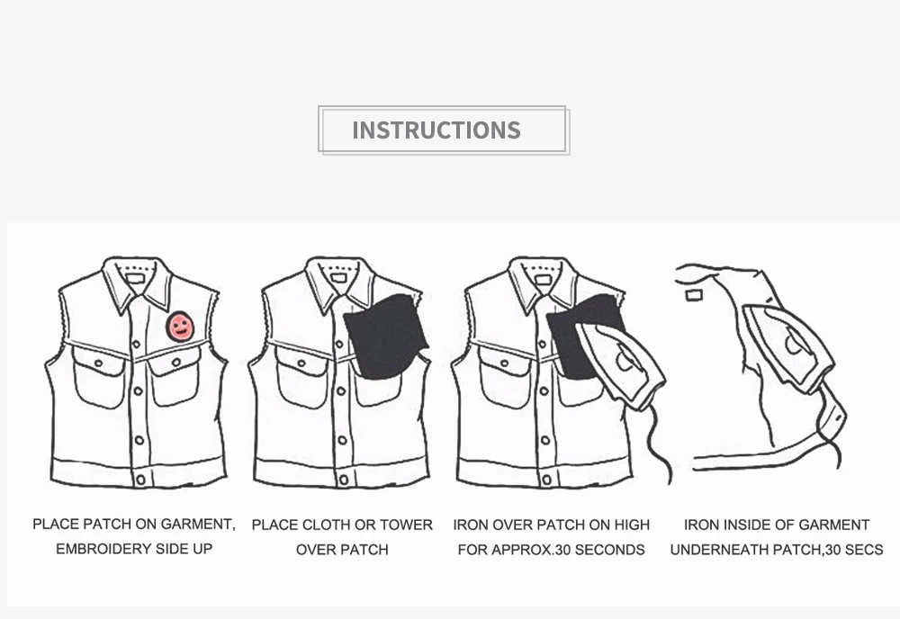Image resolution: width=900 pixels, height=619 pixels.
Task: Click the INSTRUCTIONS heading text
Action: click(x=436, y=130)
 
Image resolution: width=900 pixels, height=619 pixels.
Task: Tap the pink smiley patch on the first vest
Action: click(x=180, y=327)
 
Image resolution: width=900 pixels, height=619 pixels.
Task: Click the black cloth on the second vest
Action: click(x=385, y=336)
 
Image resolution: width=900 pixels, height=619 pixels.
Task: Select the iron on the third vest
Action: click(x=621, y=365)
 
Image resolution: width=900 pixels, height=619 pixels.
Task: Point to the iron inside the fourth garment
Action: click(x=788, y=347)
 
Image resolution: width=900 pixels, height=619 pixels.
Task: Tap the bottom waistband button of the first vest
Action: click(x=140, y=480)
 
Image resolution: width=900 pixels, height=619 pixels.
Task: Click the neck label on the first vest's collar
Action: click(x=135, y=279)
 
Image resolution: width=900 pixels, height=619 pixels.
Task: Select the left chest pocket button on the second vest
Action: click(x=301, y=363)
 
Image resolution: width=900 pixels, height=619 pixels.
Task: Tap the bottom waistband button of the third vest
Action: click(x=547, y=480)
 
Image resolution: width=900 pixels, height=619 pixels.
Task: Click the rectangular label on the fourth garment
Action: click(x=694, y=295)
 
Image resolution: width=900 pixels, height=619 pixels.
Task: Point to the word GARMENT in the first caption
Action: click(x=198, y=525)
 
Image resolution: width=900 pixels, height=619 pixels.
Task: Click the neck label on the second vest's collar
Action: click(x=338, y=278)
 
